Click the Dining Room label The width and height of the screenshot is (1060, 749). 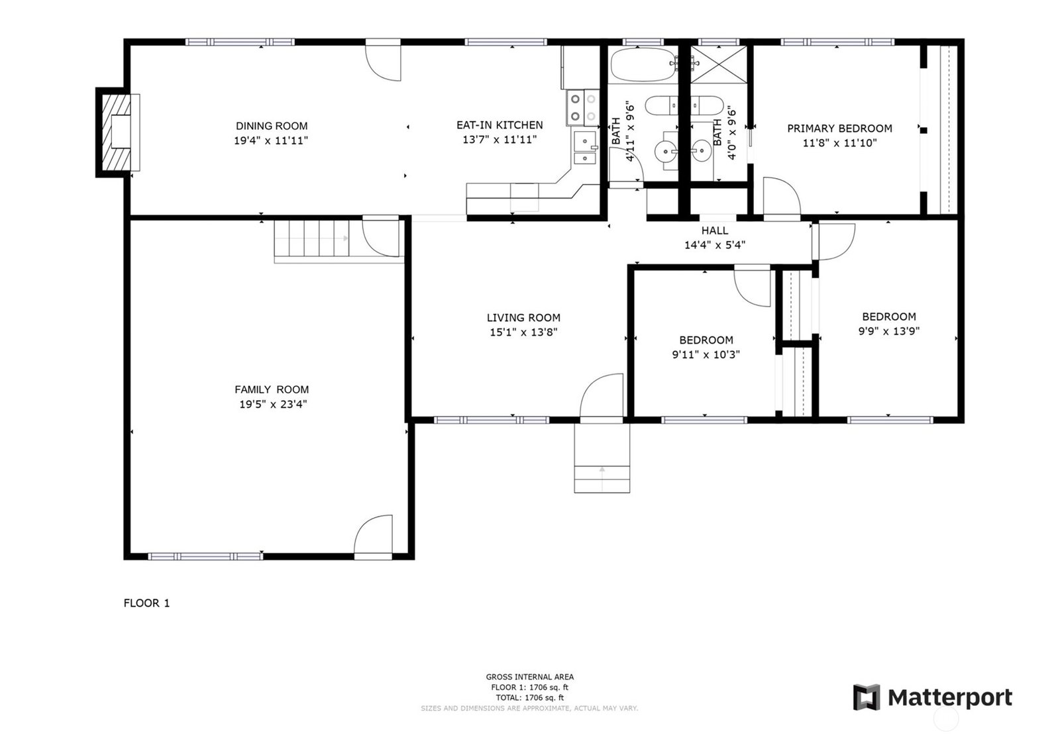272,126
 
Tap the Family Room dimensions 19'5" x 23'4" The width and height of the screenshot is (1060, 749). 273,404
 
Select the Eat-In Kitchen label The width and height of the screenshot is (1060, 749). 500,125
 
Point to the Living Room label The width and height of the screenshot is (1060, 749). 523,317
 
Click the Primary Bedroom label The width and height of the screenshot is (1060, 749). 839,128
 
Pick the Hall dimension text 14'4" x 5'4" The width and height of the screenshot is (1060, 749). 715,245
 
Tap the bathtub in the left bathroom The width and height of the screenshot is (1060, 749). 643,64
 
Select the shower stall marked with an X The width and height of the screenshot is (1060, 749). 718,64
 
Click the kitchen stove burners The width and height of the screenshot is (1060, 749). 583,108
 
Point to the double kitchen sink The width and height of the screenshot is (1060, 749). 586,148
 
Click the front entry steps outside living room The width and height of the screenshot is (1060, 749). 602,458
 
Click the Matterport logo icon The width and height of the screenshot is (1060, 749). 867,697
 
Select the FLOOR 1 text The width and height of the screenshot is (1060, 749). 146,603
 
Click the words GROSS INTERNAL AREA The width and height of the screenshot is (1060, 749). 529,677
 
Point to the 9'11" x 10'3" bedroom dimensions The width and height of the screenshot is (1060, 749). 706,354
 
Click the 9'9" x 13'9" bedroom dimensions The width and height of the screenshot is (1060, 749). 889,331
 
